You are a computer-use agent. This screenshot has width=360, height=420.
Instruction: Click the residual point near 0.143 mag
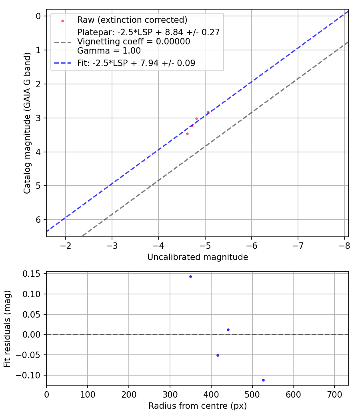(190, 276)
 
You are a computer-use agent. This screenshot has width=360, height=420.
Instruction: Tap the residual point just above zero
(228, 330)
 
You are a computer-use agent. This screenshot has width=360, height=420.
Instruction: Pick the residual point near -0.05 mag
(218, 355)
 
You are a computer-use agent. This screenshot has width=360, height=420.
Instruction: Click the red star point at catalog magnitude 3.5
(187, 134)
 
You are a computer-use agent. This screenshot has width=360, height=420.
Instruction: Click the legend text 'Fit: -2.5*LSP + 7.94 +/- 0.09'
(136, 63)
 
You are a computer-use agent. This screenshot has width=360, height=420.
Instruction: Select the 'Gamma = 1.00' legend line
(109, 51)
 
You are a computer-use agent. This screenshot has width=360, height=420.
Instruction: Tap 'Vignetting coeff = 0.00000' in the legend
(134, 42)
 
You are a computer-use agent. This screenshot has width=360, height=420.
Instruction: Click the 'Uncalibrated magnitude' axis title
(198, 257)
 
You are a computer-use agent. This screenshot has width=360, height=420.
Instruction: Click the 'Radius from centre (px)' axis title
(198, 406)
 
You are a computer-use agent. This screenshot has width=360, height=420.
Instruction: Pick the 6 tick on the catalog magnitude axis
(38, 220)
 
